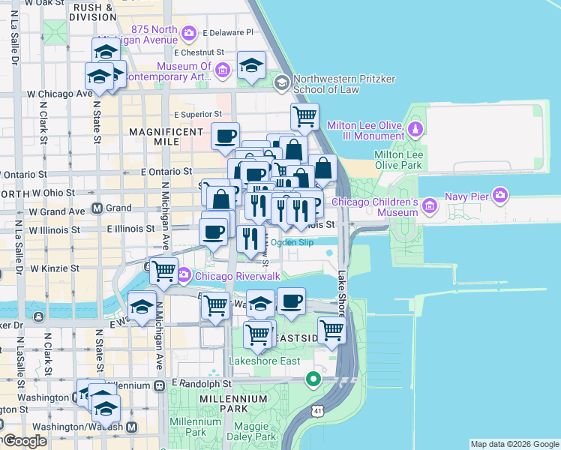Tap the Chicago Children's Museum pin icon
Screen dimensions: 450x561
(429, 205)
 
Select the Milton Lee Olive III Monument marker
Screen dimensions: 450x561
(415, 128)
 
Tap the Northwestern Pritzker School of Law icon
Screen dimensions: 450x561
(282, 82)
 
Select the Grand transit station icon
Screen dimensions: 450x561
(97, 208)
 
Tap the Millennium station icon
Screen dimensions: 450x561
(159, 385)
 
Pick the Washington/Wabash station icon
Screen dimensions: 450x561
(131, 427)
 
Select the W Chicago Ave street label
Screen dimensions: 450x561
(59, 94)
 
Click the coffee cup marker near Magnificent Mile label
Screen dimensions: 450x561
(225, 136)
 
